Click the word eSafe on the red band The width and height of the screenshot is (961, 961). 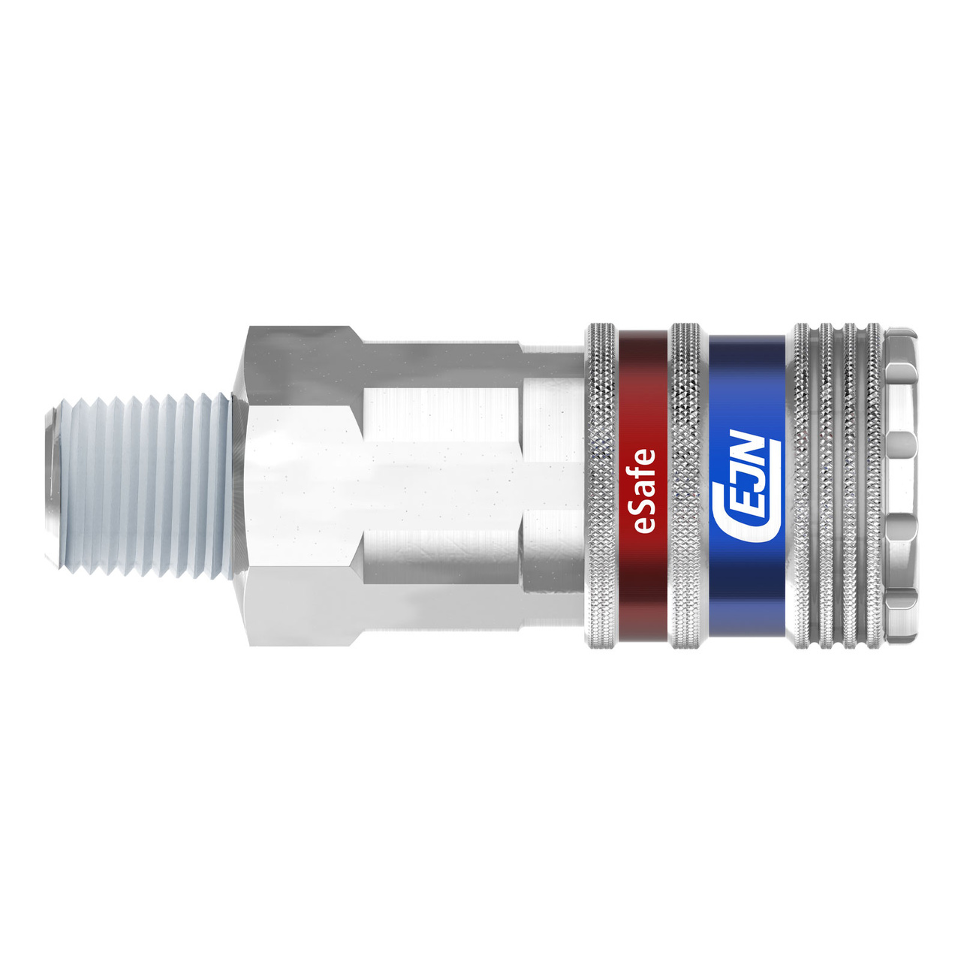point(644,490)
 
